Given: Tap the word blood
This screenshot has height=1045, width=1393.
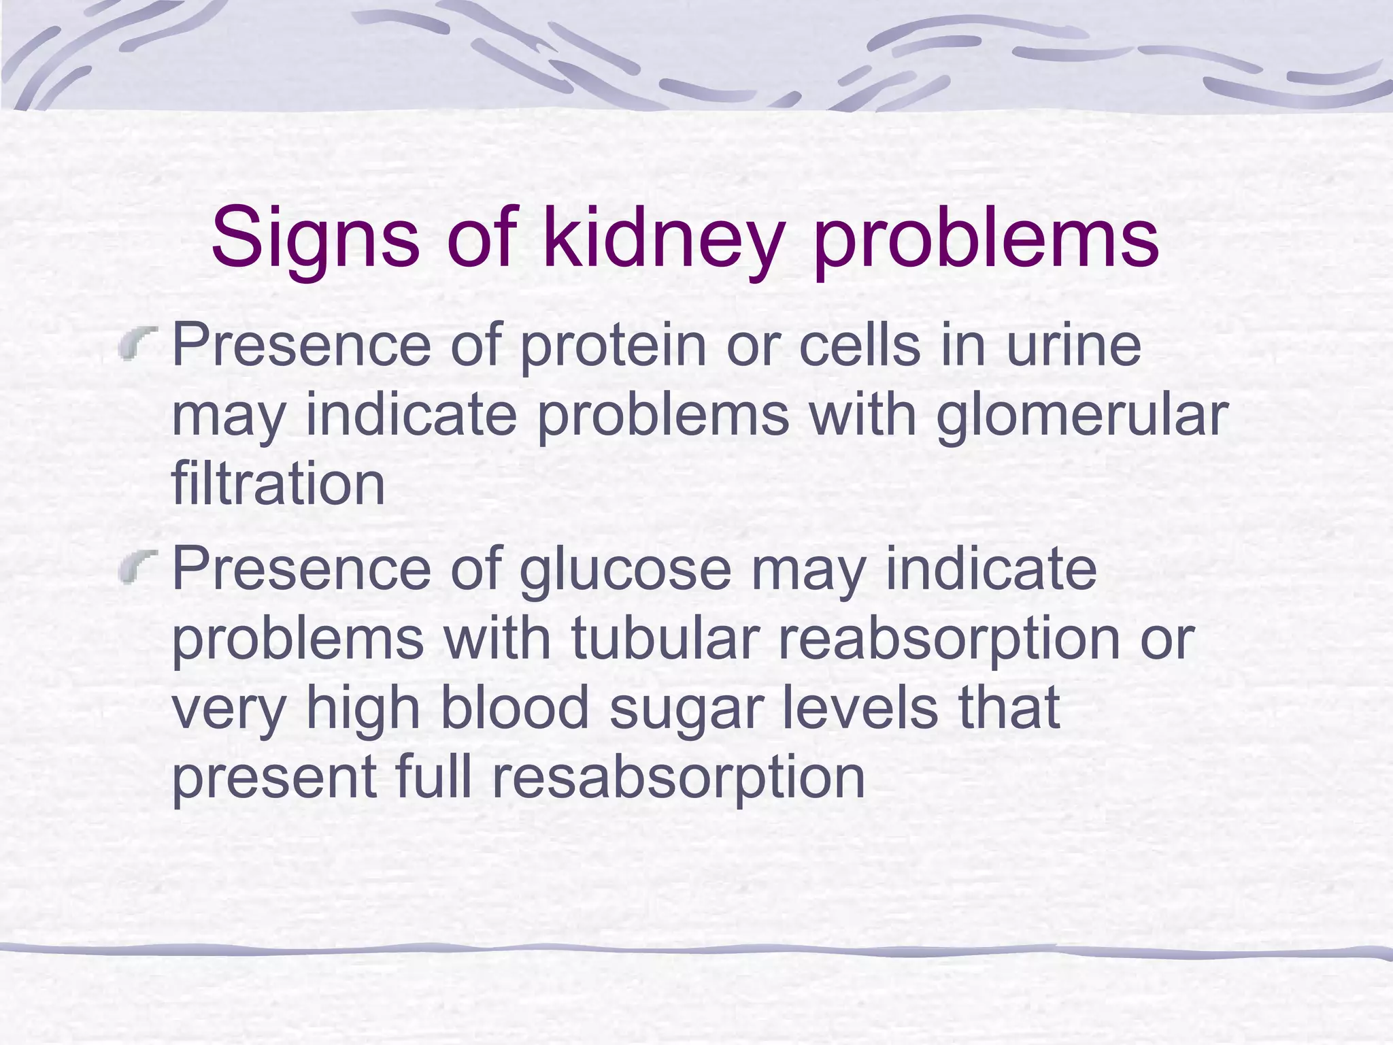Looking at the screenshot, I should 515,708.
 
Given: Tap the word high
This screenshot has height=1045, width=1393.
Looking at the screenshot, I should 363,708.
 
